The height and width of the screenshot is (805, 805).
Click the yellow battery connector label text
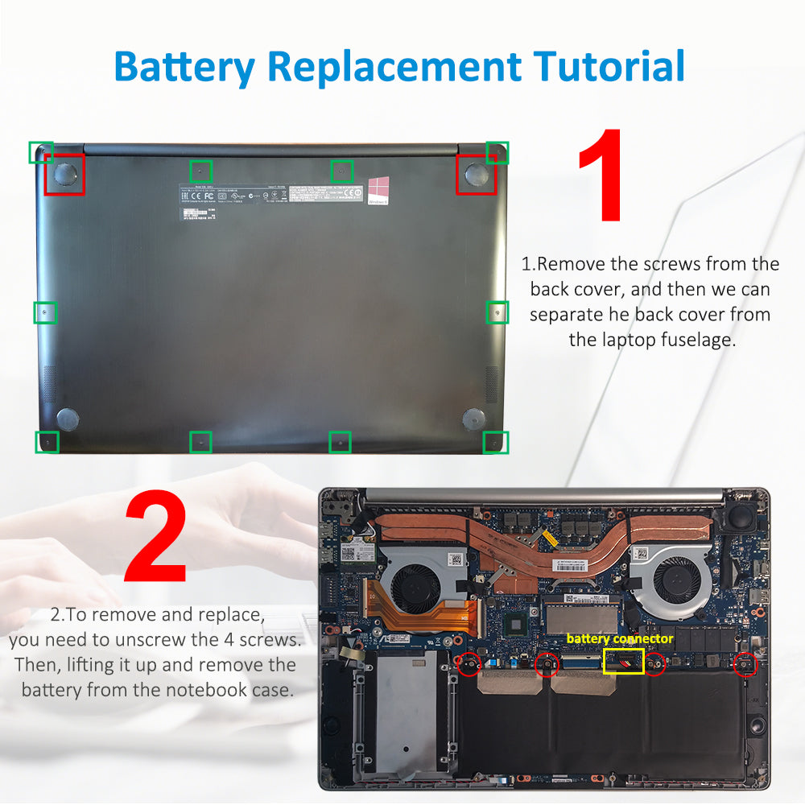tap(619, 638)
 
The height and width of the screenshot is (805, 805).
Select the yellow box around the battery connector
tap(623, 662)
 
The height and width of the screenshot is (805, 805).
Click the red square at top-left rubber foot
tap(64, 174)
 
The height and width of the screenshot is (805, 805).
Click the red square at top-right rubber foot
tap(476, 174)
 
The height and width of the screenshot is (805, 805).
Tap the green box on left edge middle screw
tap(45, 312)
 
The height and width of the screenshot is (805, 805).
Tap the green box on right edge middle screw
tap(497, 312)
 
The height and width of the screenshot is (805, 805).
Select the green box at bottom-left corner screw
tap(47, 441)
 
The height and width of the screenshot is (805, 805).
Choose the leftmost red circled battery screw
tap(469, 664)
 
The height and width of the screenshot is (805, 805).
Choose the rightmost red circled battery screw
tap(745, 664)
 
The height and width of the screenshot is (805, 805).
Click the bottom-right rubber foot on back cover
tap(473, 418)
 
